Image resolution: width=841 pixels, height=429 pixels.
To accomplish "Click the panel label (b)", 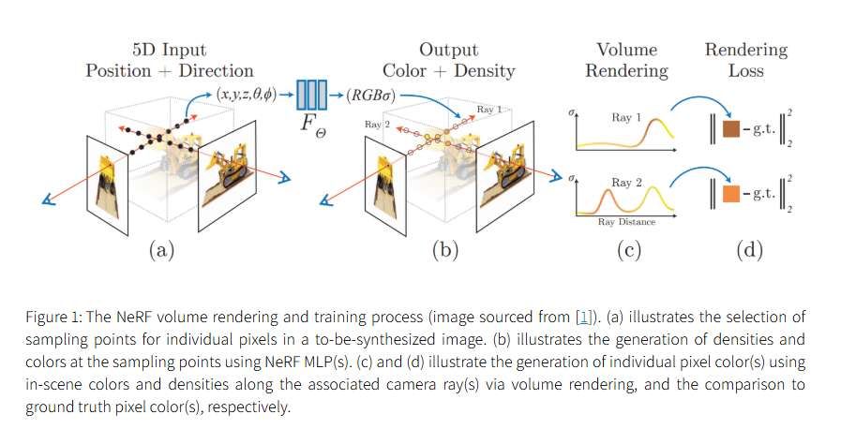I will (443, 249).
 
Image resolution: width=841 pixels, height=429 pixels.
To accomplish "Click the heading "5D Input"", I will (169, 50).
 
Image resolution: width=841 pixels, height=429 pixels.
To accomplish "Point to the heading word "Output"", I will (448, 50).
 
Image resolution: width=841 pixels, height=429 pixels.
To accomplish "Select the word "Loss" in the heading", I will (746, 70).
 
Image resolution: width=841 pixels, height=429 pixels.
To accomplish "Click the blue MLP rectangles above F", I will (311, 95).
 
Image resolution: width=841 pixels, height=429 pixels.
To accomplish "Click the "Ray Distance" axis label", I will (625, 222).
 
